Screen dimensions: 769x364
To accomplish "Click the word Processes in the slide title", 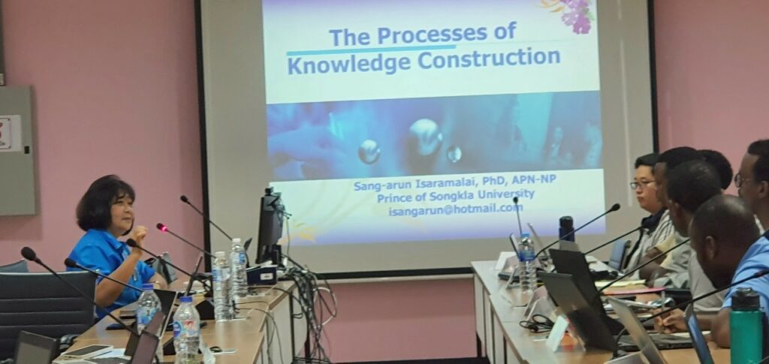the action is (432, 35).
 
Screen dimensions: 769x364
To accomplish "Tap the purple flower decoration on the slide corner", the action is (574, 15).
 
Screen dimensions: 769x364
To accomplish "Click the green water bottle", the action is (746, 327).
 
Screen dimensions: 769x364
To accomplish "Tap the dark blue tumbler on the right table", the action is (566, 229).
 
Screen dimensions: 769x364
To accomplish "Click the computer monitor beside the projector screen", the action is (270, 226).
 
